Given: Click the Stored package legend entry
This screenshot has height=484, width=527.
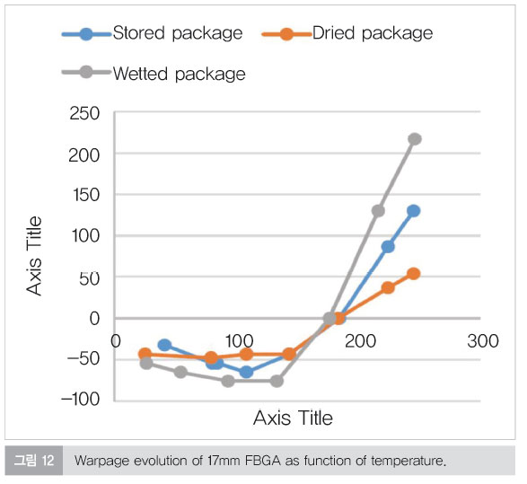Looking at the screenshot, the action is point(153,33).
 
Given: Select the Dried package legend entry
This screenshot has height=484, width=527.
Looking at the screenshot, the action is point(347,33).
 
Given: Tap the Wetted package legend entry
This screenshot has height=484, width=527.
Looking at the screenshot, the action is point(154,74).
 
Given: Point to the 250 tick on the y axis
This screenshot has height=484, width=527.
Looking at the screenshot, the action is point(84,114).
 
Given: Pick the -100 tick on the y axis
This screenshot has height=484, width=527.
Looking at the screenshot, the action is point(80,400).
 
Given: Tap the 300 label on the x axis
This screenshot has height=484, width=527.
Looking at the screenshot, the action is point(483,341).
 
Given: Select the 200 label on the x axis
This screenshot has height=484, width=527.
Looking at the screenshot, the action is point(360,341).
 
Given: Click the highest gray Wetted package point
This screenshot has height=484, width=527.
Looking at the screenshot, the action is point(415,139).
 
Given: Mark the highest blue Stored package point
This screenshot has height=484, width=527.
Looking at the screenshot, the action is point(413,211).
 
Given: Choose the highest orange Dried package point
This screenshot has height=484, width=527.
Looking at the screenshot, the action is point(414,274).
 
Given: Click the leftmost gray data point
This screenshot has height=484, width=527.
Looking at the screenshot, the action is point(146,363).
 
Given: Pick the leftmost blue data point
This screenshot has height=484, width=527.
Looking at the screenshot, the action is point(164,345).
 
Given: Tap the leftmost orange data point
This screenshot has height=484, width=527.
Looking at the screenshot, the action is point(145,354).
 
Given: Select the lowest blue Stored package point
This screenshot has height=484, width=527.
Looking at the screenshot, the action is point(246,372).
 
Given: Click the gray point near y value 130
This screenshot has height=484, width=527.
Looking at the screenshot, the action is point(378,211).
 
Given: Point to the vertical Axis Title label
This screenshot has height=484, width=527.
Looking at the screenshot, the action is point(34,256).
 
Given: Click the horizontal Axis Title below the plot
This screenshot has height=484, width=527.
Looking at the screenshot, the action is point(293,418).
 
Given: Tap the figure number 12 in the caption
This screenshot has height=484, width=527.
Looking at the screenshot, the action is point(48,461).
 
